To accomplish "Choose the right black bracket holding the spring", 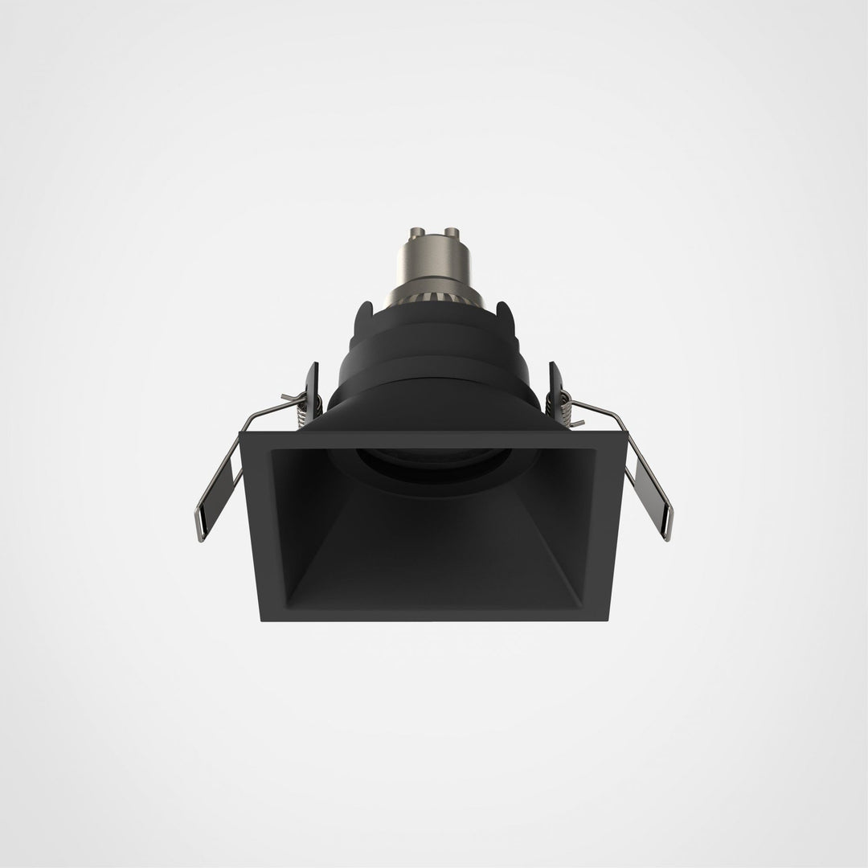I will click(555, 386).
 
